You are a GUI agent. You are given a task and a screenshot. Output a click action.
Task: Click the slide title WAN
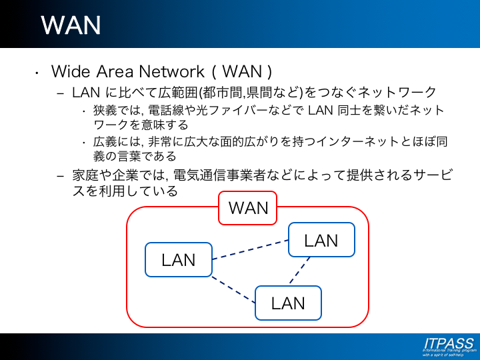pos(71,25)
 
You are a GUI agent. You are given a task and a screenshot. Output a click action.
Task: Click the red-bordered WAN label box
pos(248,208)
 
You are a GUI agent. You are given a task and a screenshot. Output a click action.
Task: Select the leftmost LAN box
pos(179,259)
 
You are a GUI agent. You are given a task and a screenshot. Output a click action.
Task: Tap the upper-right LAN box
pos(321,240)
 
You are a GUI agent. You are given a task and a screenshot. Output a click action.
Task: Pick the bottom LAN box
pos(288,303)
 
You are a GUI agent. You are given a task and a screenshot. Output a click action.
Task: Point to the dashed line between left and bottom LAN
pos(233,289)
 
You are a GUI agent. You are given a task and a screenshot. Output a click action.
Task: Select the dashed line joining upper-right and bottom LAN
pos(301,271)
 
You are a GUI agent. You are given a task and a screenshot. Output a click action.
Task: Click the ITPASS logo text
pos(448,344)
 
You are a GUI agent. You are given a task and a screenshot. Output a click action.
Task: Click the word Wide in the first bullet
pos(70,71)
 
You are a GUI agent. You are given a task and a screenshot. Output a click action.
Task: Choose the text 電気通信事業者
pos(217,175)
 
